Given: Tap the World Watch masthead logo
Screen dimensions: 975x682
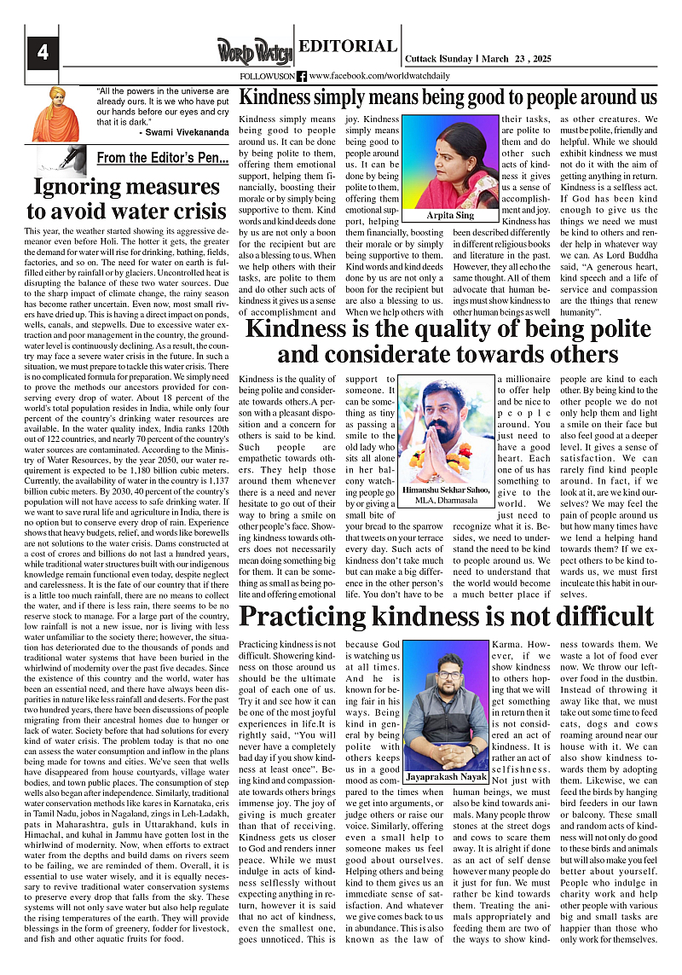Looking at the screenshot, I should [253, 52].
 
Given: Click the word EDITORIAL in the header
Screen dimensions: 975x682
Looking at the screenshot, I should [348, 47].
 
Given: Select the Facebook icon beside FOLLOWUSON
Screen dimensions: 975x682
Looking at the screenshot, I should [302, 77].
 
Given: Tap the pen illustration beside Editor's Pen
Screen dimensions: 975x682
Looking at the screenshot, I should [61, 160].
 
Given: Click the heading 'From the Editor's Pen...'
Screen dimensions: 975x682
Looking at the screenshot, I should [162, 158].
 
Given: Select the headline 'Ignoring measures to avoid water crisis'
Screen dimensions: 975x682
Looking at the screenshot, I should [126, 200].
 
